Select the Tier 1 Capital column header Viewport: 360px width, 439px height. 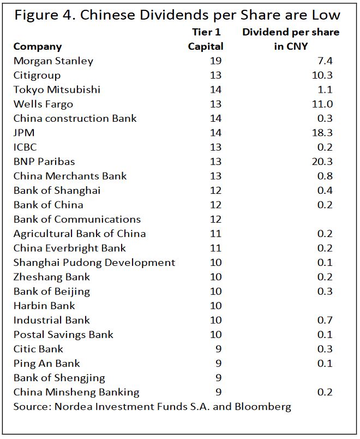[x=206, y=39]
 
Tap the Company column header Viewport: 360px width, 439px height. [x=38, y=47]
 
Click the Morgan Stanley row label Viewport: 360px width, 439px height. [x=53, y=61]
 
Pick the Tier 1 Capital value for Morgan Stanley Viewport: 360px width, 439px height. [x=215, y=61]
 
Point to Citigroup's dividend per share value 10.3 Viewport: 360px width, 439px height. [x=322, y=75]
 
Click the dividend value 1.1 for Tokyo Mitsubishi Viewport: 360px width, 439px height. [x=325, y=90]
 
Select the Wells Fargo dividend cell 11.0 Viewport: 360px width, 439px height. [x=322, y=104]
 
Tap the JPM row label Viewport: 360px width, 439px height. [x=24, y=133]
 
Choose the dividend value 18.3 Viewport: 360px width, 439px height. [x=322, y=133]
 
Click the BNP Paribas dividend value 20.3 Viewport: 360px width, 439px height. [x=322, y=162]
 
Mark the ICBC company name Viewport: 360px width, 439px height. [x=25, y=147]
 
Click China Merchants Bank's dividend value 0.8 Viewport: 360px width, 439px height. [x=325, y=176]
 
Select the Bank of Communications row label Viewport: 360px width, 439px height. [x=77, y=220]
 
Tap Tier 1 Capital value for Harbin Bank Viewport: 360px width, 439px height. [x=215, y=306]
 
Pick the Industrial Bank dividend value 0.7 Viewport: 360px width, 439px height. [x=325, y=321]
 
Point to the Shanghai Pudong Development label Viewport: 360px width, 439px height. [x=94, y=263]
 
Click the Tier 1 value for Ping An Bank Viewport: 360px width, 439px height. [x=219, y=364]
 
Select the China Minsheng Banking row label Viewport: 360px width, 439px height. [x=76, y=393]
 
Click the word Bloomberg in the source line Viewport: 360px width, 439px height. [x=263, y=407]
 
